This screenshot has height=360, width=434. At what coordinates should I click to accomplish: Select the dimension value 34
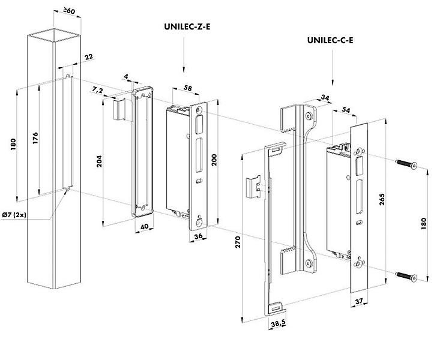point(325,97)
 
